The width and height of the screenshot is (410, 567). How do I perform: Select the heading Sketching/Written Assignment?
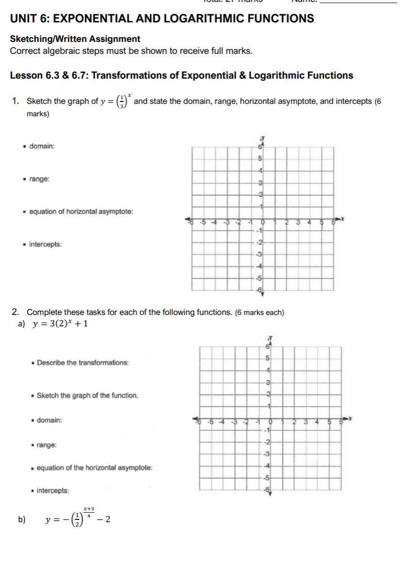(75, 39)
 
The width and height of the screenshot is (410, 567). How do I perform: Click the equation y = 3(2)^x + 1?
(60, 324)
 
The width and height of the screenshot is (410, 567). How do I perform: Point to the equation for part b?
(79, 518)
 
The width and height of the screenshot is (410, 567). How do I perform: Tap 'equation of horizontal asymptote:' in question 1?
(81, 212)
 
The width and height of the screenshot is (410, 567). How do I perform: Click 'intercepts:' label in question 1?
(45, 244)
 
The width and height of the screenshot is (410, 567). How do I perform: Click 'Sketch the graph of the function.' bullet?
(87, 395)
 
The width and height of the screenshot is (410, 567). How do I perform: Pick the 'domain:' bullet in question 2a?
(49, 420)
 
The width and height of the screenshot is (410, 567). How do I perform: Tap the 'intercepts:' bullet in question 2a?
(53, 490)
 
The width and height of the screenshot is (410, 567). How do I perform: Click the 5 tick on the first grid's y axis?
(260, 158)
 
